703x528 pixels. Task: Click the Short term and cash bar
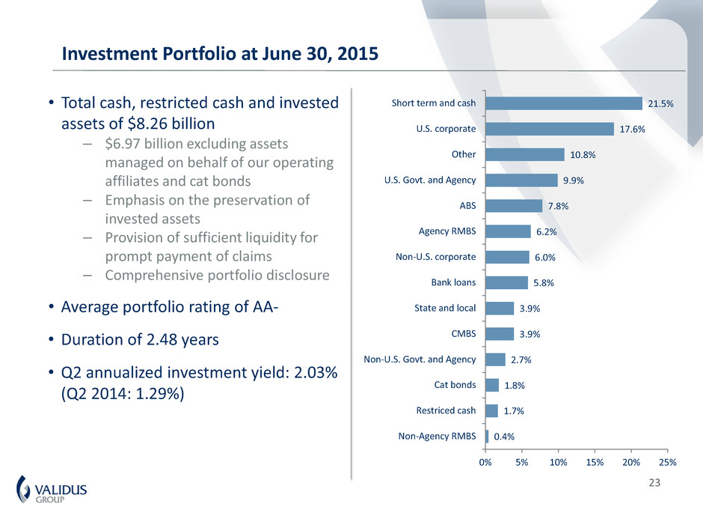coord(563,103)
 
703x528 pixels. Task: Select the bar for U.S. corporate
coord(549,129)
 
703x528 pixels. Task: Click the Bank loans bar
coord(506,282)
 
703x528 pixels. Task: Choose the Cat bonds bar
coord(492,385)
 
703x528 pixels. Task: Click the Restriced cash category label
coord(446,410)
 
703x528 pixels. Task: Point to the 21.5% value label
coord(660,103)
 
